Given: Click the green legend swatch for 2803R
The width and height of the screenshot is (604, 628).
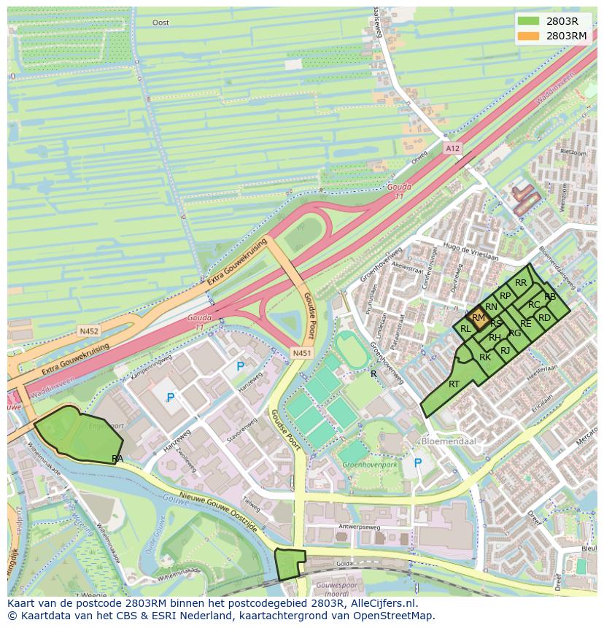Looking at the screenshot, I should (x=529, y=21).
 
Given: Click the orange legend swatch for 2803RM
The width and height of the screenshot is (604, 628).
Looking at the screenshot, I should (x=529, y=36).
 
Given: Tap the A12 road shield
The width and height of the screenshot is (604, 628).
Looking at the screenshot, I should (x=452, y=148).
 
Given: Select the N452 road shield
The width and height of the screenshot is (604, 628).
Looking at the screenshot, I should (x=88, y=331).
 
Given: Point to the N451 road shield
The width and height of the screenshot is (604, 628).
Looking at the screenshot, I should (x=301, y=353).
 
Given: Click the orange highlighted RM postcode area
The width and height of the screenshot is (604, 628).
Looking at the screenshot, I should (x=479, y=318).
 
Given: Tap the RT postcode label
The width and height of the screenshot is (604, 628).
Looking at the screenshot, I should (x=454, y=384).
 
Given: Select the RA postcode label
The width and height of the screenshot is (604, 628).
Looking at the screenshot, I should (x=117, y=459).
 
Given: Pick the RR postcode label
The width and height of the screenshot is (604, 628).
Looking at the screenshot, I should (x=521, y=283).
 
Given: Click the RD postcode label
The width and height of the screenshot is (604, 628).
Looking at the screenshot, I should (x=544, y=318).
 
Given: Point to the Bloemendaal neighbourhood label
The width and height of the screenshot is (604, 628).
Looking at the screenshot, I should (x=445, y=442).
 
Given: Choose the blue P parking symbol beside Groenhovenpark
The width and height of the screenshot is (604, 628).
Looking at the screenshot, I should (x=417, y=462).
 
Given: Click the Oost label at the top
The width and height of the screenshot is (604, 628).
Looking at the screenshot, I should (x=160, y=23).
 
